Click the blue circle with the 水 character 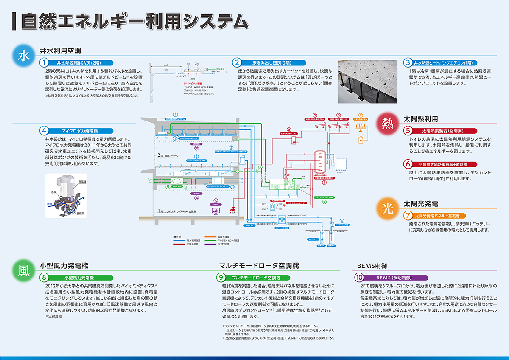24,56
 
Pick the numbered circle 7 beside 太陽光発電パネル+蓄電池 408,215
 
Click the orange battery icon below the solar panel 361,139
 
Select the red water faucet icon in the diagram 232,209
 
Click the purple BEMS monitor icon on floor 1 216,210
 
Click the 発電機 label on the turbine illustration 83,182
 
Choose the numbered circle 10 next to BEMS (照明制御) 358,278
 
